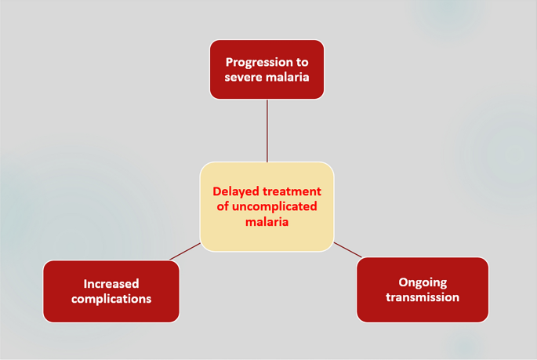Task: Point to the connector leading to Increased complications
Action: click(185, 251)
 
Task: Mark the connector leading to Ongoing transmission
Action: click(348, 249)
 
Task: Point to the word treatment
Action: click(293, 191)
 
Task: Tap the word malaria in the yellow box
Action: click(267, 221)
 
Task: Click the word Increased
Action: click(111, 283)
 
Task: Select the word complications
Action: click(111, 298)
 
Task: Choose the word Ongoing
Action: click(422, 282)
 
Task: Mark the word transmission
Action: click(422, 297)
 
